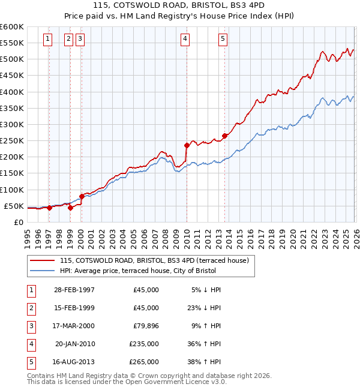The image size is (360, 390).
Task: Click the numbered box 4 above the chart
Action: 185,40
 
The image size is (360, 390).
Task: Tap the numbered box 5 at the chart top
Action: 223,40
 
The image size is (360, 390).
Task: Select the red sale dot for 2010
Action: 187,145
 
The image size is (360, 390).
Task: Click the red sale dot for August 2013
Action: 224,136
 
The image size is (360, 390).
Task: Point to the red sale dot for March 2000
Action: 82,196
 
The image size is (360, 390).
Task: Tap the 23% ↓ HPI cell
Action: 205,308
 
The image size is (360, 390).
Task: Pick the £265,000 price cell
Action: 144,362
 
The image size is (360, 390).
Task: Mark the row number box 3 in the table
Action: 29,326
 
